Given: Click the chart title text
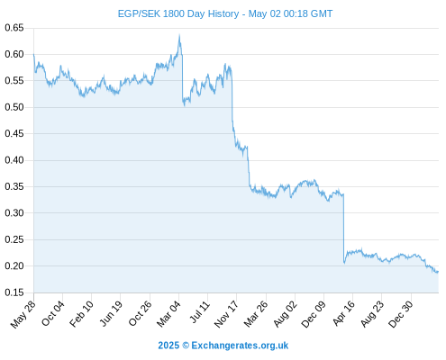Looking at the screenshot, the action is (x=225, y=13).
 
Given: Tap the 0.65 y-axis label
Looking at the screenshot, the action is (x=14, y=28).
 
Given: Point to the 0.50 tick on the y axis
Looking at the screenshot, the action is (x=14, y=107).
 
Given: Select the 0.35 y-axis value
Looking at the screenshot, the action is (x=14, y=186).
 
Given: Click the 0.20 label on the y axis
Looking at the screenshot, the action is (x=14, y=265).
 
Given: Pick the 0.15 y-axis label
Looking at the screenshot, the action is (x=14, y=292).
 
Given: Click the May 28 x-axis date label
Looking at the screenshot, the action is (x=23, y=314).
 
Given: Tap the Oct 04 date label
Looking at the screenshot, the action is (x=52, y=313).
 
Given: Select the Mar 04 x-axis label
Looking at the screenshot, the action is (x=168, y=313).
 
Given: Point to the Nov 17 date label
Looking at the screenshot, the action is (x=226, y=314).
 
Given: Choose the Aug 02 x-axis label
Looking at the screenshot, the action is (x=285, y=314).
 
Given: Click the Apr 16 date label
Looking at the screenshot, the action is (x=343, y=313).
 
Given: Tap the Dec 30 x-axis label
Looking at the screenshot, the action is (x=401, y=314).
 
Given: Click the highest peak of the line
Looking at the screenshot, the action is (x=179, y=35).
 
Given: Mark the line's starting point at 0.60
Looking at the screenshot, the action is (x=33, y=54).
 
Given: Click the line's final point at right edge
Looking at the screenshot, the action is (x=438, y=272).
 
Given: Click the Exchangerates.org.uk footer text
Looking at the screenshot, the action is (x=240, y=346).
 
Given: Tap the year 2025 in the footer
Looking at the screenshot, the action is (x=168, y=346).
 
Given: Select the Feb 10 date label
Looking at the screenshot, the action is (x=81, y=313).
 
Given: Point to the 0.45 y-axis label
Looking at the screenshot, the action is (x=14, y=133).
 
